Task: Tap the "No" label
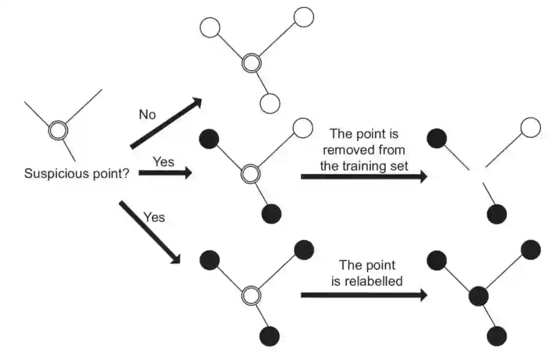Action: pos(147,115)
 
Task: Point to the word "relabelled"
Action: pos(367,281)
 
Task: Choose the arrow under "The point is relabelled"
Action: pos(363,295)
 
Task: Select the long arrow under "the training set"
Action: pos(363,177)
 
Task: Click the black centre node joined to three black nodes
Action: pos(478,296)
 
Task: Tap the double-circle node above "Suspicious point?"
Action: pos(58,131)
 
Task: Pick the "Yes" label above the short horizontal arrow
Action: pos(164,162)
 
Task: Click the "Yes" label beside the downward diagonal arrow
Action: pos(154,217)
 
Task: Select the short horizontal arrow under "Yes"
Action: pos(165,173)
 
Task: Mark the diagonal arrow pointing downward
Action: pos(149,232)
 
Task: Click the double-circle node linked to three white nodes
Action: pos(251,64)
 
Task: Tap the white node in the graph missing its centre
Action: pos(530,127)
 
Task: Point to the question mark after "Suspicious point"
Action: pos(125,174)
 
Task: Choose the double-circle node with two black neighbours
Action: pos(250,174)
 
